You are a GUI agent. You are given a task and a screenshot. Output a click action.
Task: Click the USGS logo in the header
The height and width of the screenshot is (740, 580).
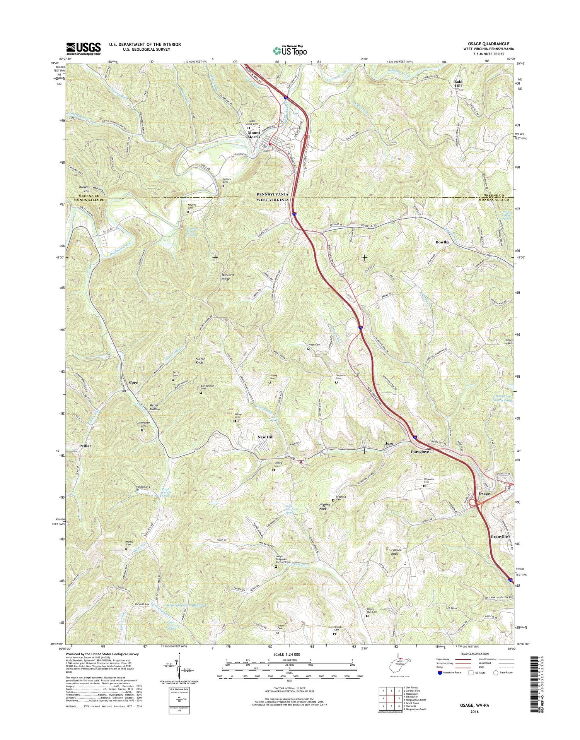tap(83, 48)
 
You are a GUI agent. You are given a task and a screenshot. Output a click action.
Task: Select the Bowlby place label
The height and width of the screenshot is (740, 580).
tap(442, 242)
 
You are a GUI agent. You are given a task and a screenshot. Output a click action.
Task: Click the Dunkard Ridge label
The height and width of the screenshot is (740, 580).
tap(228, 277)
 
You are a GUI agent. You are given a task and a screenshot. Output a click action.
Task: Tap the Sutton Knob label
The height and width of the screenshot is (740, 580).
tap(200, 361)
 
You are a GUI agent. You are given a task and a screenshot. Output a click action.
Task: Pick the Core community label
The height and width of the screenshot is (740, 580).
tap(133, 382)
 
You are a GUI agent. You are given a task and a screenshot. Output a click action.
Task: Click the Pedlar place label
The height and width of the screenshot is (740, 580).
tap(85, 446)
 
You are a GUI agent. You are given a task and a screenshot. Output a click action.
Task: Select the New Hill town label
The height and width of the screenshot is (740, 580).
tap(265, 437)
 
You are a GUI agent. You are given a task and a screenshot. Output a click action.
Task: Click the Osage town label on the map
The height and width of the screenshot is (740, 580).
tap(484, 493)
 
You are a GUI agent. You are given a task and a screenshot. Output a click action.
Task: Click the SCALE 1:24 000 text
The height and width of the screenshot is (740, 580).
tap(289, 654)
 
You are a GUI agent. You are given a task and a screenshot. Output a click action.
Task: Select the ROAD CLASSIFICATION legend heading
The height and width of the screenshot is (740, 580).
tap(474, 654)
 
